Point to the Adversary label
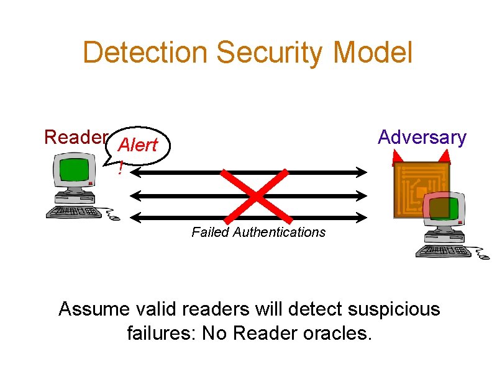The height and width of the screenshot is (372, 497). (x=422, y=137)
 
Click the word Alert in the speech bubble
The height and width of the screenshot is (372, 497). (x=137, y=146)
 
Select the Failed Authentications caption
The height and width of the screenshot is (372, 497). (x=258, y=232)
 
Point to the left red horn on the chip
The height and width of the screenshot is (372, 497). (x=397, y=159)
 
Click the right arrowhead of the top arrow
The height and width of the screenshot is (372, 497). (x=364, y=172)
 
